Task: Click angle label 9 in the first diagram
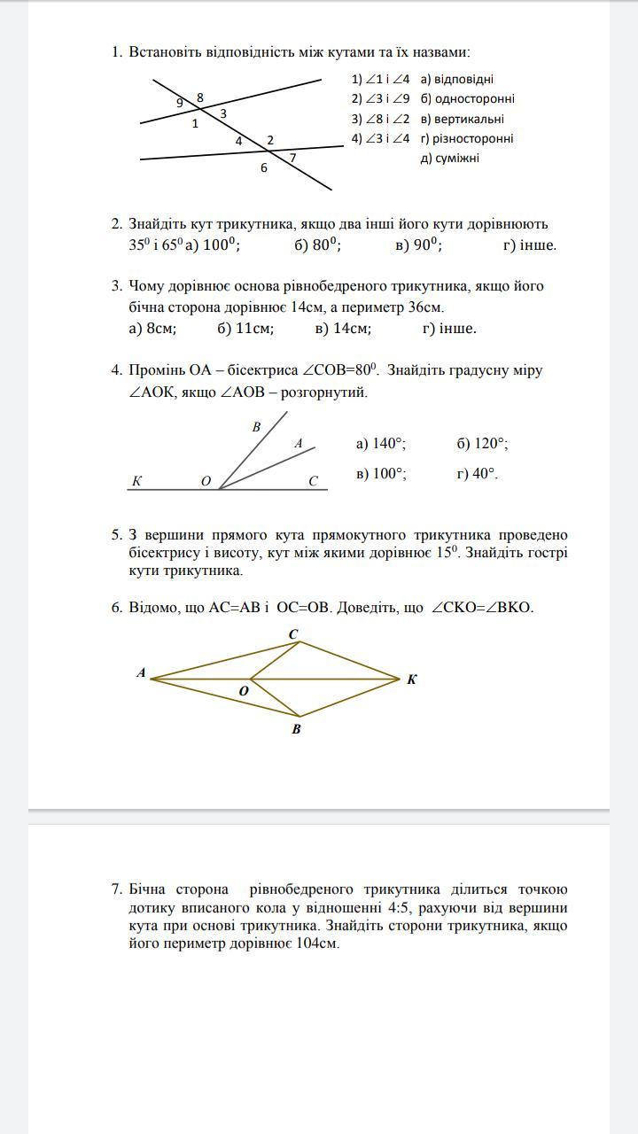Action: (x=180, y=103)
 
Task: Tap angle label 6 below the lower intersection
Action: (x=263, y=167)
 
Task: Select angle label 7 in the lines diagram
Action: (x=292, y=158)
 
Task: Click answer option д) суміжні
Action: (x=449, y=159)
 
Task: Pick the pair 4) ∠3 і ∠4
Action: (x=380, y=138)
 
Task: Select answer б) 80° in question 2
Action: (x=317, y=245)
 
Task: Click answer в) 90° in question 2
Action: (x=418, y=245)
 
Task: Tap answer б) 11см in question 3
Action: (x=245, y=329)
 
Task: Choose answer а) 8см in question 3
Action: (x=152, y=329)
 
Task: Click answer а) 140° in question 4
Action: (x=381, y=444)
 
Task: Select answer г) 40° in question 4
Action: (x=477, y=474)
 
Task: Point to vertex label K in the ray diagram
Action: (x=136, y=481)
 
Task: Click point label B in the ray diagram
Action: (x=256, y=427)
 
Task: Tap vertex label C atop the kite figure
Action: (x=293, y=633)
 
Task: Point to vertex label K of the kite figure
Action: (x=412, y=680)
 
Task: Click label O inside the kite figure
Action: (x=244, y=691)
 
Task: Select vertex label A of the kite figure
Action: (x=141, y=673)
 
